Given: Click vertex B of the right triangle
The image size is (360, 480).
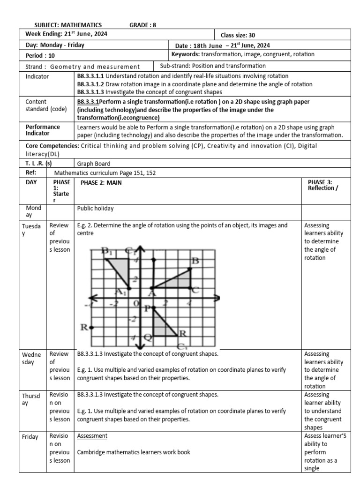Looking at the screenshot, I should tap(189, 269).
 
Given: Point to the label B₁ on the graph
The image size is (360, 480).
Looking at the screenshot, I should tap(108, 252).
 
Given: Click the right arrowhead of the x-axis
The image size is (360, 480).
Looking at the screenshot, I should tap(216, 298).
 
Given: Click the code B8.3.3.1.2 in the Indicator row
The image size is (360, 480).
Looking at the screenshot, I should tap(90, 84).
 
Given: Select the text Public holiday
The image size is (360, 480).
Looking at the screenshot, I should tap(96, 209).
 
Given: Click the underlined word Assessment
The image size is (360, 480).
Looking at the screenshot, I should tap(92, 435).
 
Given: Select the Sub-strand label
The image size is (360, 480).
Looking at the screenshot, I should tap(176, 66).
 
